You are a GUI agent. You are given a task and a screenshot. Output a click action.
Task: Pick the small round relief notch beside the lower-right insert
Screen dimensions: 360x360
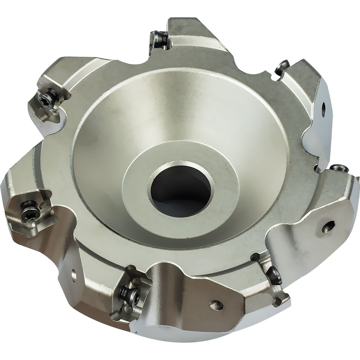click(256, 256)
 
